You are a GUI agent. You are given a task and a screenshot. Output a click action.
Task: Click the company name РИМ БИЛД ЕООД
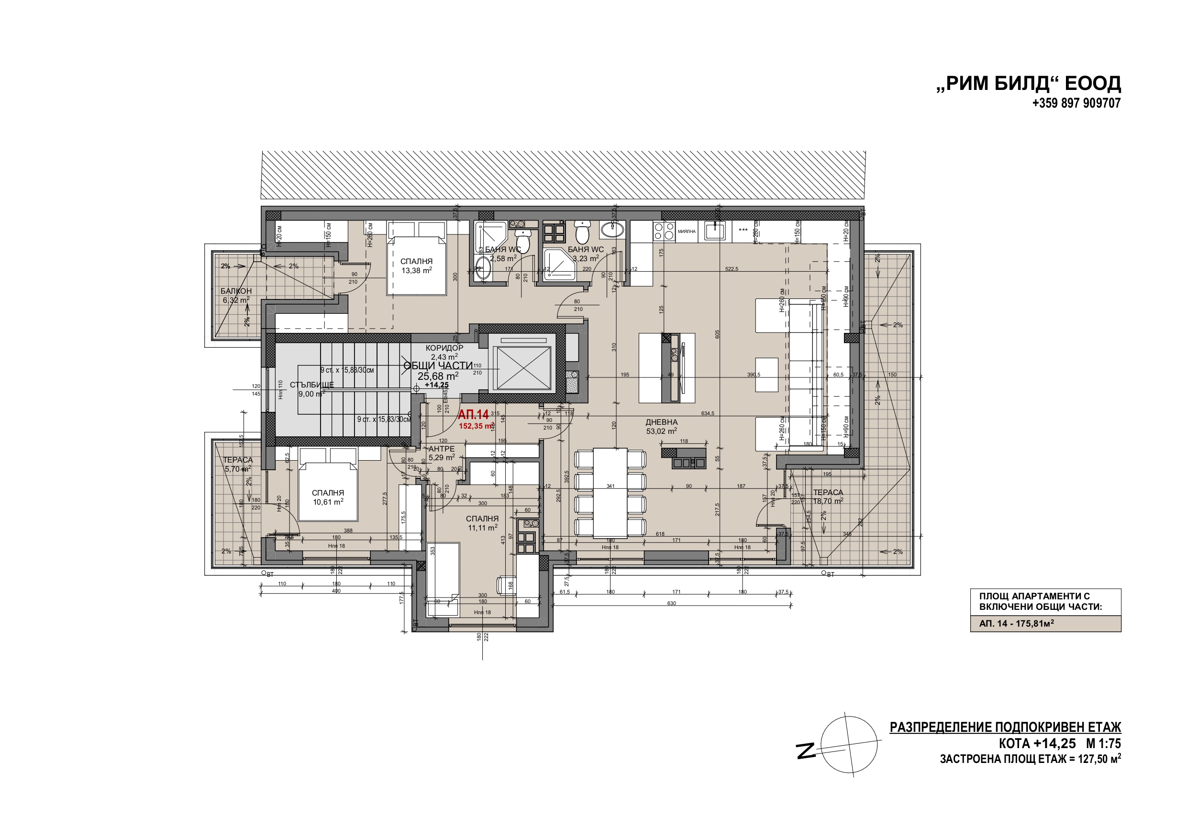coord(1028,83)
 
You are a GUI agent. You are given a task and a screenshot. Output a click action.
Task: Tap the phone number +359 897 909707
coord(1076,103)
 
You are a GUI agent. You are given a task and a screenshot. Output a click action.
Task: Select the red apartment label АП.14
coord(473,415)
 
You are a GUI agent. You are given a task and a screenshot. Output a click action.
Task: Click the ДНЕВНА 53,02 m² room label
coord(661,427)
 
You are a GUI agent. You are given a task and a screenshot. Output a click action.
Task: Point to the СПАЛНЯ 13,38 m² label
coord(416,265)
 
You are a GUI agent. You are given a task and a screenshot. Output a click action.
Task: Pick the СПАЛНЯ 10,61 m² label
coord(328,497)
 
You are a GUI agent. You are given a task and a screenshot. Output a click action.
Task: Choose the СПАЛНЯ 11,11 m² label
coord(482,523)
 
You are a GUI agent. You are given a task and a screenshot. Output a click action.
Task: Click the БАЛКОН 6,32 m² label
coord(236,295)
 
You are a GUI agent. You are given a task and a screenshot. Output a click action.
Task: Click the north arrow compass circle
coord(848,745)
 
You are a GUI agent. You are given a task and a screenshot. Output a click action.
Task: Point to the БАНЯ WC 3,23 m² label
coord(585,254)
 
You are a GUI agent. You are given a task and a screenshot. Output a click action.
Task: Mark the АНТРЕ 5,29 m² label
coord(442,453)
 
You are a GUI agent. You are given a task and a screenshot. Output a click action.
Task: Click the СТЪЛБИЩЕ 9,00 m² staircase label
coord(311,389)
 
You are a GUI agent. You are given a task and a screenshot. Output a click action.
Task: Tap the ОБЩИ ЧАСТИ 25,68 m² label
coord(438,371)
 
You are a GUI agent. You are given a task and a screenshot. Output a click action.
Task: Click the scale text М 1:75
coord(1103,744)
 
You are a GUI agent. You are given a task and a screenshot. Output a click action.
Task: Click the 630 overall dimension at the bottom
coord(671,603)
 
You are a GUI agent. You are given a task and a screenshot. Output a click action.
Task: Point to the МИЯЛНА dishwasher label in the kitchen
coord(687,232)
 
